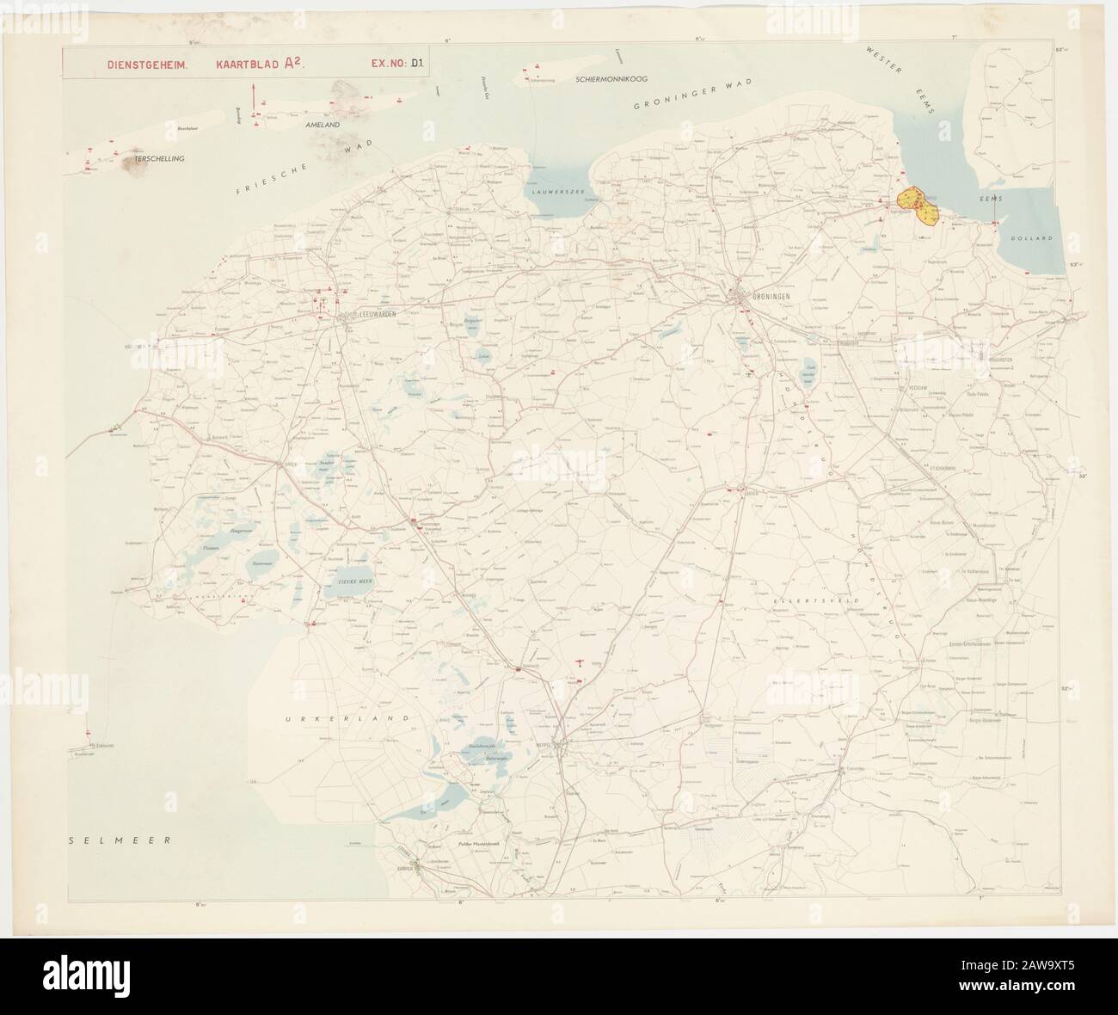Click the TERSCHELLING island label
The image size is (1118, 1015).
point(159,159)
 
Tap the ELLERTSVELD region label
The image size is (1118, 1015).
point(800,599)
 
